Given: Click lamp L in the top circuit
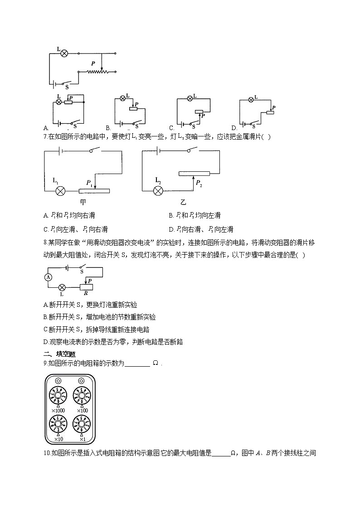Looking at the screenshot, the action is (64, 53).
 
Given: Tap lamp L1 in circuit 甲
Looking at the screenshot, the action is (60, 191).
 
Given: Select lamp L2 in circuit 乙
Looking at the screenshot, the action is (158, 190).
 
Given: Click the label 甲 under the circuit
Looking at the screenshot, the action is (83, 202).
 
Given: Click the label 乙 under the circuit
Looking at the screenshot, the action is (183, 202).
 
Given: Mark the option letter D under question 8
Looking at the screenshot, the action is (45, 342).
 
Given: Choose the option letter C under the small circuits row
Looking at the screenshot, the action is (171, 128).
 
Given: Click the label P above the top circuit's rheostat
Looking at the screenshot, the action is (93, 64).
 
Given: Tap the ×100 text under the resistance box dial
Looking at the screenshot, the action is (82, 411).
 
